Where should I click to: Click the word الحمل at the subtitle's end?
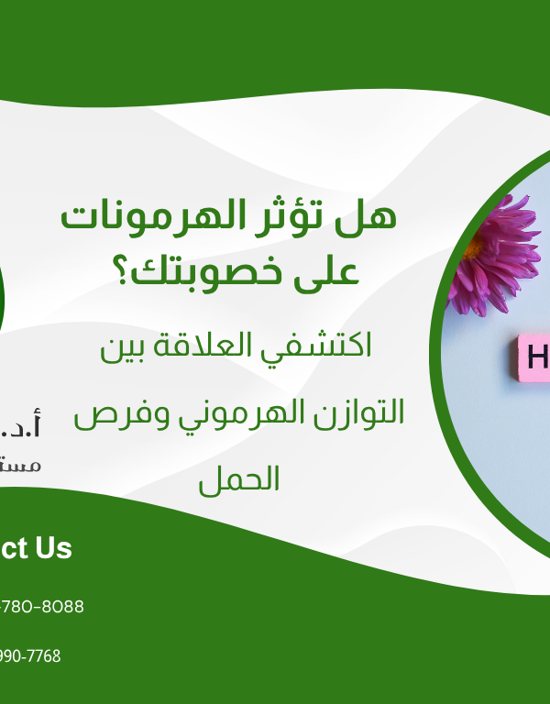click(240, 479)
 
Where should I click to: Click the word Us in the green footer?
click(53, 548)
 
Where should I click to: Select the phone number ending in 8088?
click(41, 607)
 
